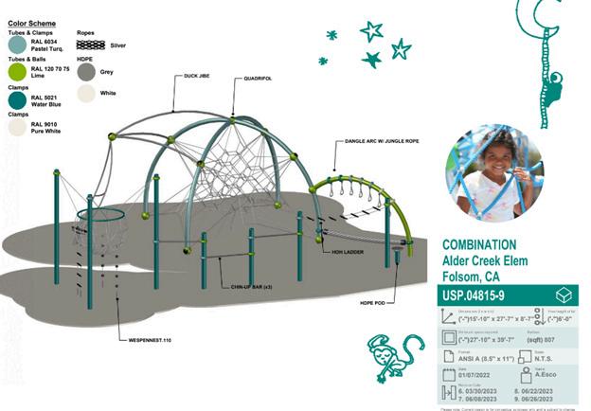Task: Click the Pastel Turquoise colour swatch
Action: (x=18, y=44)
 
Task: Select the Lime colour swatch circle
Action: (x=18, y=72)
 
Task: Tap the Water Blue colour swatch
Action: (x=18, y=100)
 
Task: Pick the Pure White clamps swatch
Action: (x=18, y=128)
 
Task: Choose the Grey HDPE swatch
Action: (x=87, y=71)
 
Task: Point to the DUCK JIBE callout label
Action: (x=197, y=76)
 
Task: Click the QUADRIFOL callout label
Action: (x=257, y=79)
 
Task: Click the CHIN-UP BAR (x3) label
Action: (x=251, y=285)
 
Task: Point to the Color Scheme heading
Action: (x=31, y=21)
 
